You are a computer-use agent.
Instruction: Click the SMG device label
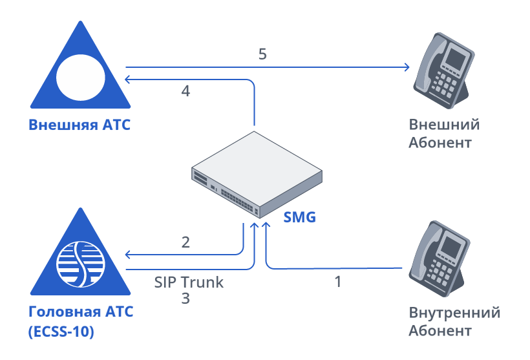click(300, 217)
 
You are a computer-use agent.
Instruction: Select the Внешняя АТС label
click(79, 125)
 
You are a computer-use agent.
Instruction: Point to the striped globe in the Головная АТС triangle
click(80, 264)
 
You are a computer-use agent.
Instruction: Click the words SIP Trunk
click(189, 282)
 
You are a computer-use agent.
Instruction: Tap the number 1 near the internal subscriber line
click(337, 282)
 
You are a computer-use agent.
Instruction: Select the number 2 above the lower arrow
click(185, 242)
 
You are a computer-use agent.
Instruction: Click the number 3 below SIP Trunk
click(185, 299)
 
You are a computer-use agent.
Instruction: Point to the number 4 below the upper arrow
click(185, 92)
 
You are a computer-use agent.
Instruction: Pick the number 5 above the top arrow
click(262, 54)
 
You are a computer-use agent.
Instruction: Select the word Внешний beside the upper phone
click(444, 125)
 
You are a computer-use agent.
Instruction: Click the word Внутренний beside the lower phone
click(454, 313)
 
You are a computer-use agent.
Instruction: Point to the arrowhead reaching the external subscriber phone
click(407, 67)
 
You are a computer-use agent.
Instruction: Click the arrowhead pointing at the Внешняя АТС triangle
click(129, 79)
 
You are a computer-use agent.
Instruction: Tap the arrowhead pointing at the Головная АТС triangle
click(129, 253)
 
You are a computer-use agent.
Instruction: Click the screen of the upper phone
click(455, 58)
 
